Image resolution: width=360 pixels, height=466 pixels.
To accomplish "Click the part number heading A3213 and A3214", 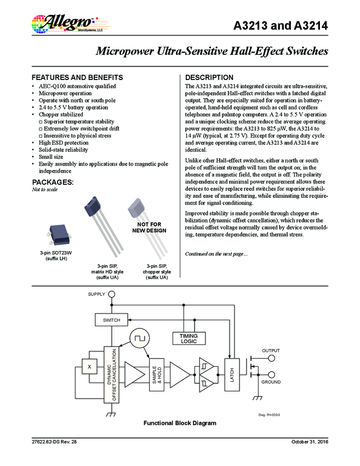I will pos(281,26).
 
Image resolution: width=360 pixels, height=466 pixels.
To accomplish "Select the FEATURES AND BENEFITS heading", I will pos(77,77).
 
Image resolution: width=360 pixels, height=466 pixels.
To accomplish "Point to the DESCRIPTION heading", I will pos(209,77).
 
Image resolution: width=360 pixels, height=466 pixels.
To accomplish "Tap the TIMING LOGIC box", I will pos(188,338).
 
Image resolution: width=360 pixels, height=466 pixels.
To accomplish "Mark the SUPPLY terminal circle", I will pos(111,294).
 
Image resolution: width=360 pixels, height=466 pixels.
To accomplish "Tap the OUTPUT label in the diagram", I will pos(270,351).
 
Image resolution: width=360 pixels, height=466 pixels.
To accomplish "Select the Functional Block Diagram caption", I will pos(180,423).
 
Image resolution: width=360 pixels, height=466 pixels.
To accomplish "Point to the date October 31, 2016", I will pos(309,442).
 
